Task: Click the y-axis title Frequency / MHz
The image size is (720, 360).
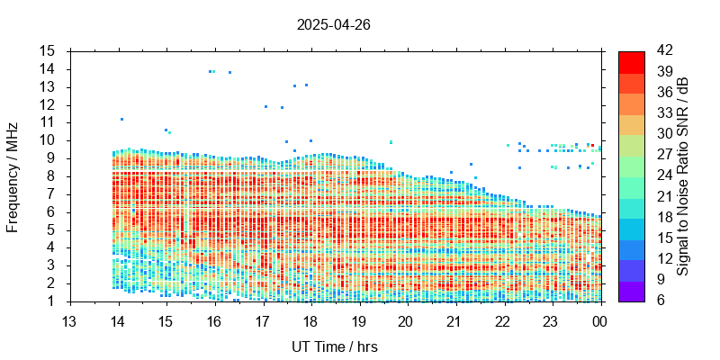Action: (13, 175)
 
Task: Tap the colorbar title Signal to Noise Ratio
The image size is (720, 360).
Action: (683, 175)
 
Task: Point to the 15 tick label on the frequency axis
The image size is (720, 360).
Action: (49, 50)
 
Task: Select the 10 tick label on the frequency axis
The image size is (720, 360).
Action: (49, 140)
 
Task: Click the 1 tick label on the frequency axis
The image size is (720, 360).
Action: (53, 301)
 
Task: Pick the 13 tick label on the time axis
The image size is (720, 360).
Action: (69, 321)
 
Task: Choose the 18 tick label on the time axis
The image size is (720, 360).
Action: (310, 321)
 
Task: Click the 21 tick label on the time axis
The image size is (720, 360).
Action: (454, 321)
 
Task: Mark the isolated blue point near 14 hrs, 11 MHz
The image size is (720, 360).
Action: (121, 119)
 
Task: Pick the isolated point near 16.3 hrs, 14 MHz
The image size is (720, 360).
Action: (230, 72)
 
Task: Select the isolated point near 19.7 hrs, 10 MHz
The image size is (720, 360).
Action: (391, 142)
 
